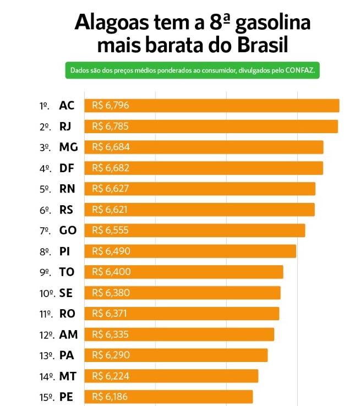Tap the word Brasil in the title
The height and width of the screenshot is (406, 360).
(x=260, y=44)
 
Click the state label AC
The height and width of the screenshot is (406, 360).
(x=67, y=106)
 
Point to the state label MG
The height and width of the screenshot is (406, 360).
(x=68, y=147)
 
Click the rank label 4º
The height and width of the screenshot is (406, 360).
(x=45, y=168)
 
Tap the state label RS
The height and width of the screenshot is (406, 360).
(x=67, y=210)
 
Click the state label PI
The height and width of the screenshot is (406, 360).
(x=64, y=251)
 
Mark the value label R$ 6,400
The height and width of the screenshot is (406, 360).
(x=111, y=272)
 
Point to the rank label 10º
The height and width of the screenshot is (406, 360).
(x=46, y=293)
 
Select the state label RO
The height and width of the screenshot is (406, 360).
(x=68, y=314)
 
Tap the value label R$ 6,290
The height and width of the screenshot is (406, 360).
(x=111, y=355)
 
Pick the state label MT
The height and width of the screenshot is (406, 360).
(x=68, y=376)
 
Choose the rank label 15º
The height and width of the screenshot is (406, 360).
(x=46, y=397)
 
